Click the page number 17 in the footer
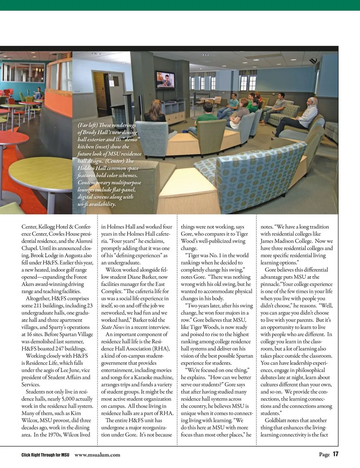[335, 454]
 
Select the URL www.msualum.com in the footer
[97, 454]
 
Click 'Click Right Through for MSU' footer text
[45, 455]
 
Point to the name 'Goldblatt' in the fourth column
[277, 420]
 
